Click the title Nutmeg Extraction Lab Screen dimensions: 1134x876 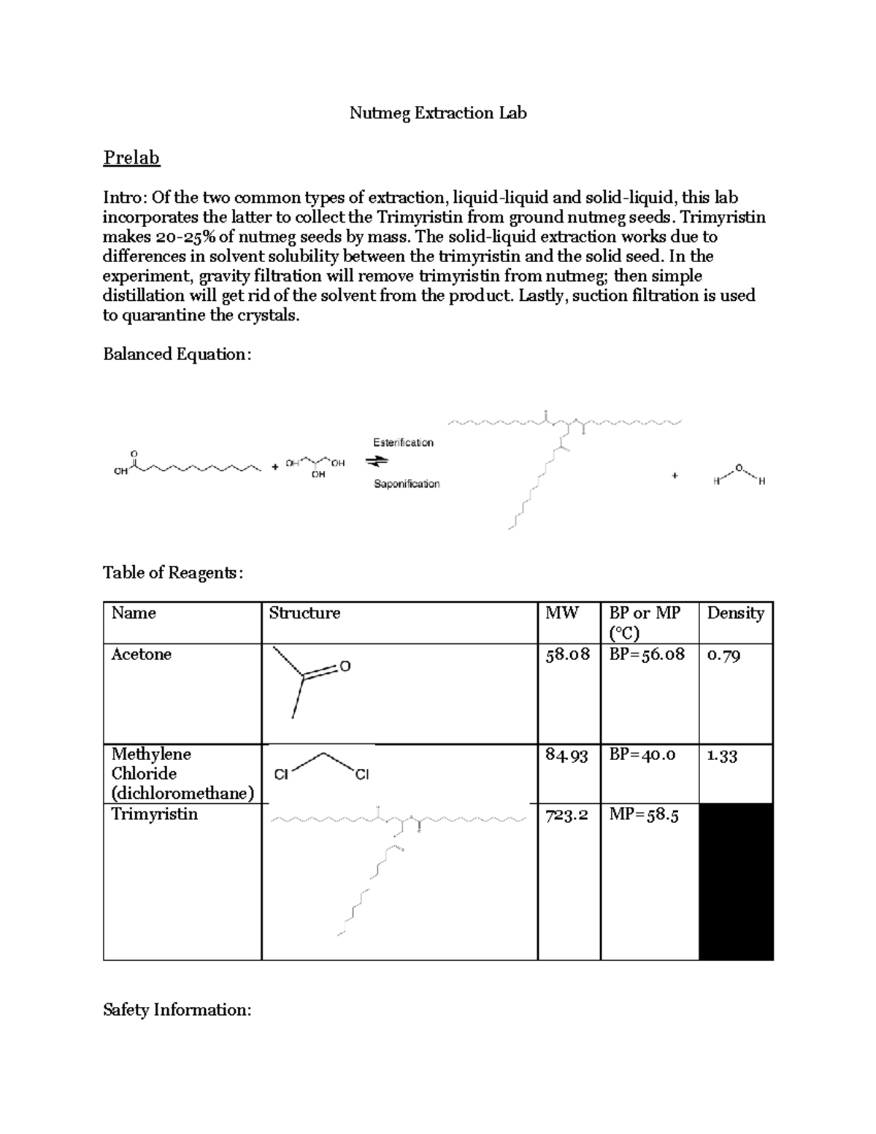438,113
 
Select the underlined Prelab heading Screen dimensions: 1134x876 131,158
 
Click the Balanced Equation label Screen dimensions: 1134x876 177,354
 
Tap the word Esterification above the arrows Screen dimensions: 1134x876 403,443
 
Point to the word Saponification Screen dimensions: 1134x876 407,483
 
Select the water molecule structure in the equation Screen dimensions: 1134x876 739,475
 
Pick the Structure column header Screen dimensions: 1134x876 304,613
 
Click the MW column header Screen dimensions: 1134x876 561,613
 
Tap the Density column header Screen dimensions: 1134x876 735,613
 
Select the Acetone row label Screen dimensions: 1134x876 141,654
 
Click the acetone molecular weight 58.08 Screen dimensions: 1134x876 568,654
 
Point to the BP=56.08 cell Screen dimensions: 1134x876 647,654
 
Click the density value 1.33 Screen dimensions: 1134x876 722,756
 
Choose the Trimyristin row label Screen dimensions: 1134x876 154,814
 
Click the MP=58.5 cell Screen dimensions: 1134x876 644,815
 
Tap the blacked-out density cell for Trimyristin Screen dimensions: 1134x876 736,881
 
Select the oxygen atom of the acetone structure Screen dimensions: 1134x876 345,667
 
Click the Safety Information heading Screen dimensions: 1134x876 177,1010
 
